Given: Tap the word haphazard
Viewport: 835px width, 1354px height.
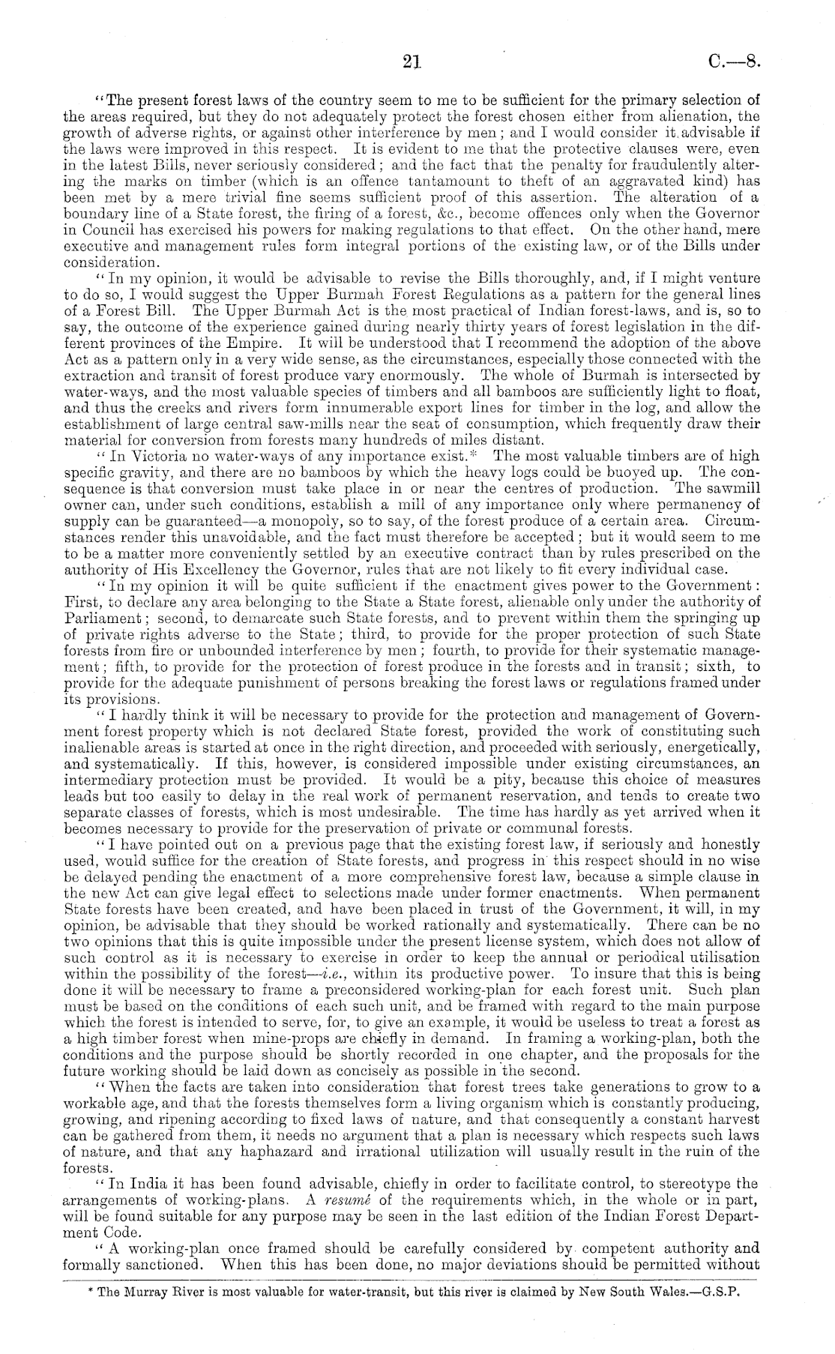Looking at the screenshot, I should (x=279, y=1152).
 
